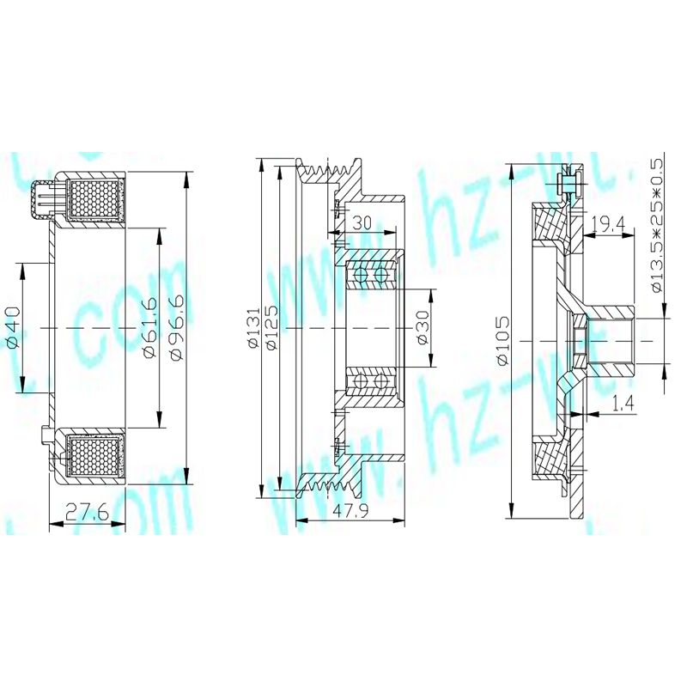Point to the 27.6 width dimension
(87, 514)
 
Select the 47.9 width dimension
(349, 512)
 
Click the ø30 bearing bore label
(422, 327)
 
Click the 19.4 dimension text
(607, 225)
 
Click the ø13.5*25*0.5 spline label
(659, 225)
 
